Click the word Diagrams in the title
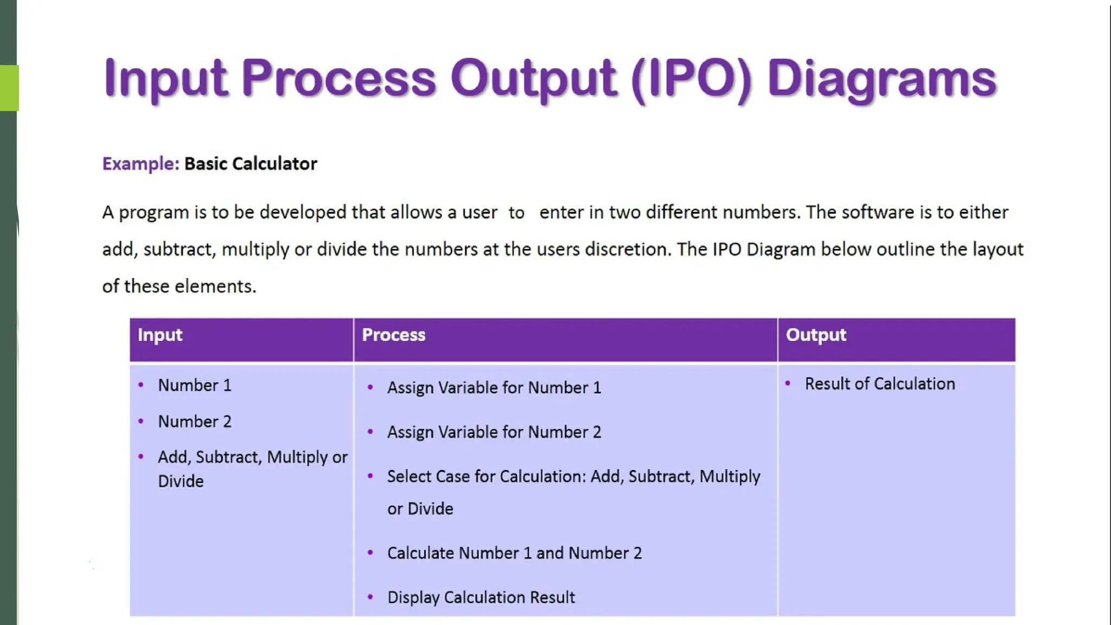point(882,79)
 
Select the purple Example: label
point(141,164)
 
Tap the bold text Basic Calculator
point(251,164)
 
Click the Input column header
point(160,335)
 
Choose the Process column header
point(393,335)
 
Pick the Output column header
point(816,335)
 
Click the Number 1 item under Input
point(195,385)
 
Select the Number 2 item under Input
point(195,422)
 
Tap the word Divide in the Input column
point(181,481)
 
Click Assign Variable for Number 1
point(494,388)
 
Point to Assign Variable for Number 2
point(494,432)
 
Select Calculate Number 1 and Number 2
point(514,553)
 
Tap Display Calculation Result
point(481,597)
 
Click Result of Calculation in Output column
point(879,384)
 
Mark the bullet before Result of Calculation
point(788,384)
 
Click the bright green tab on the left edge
point(9,88)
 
